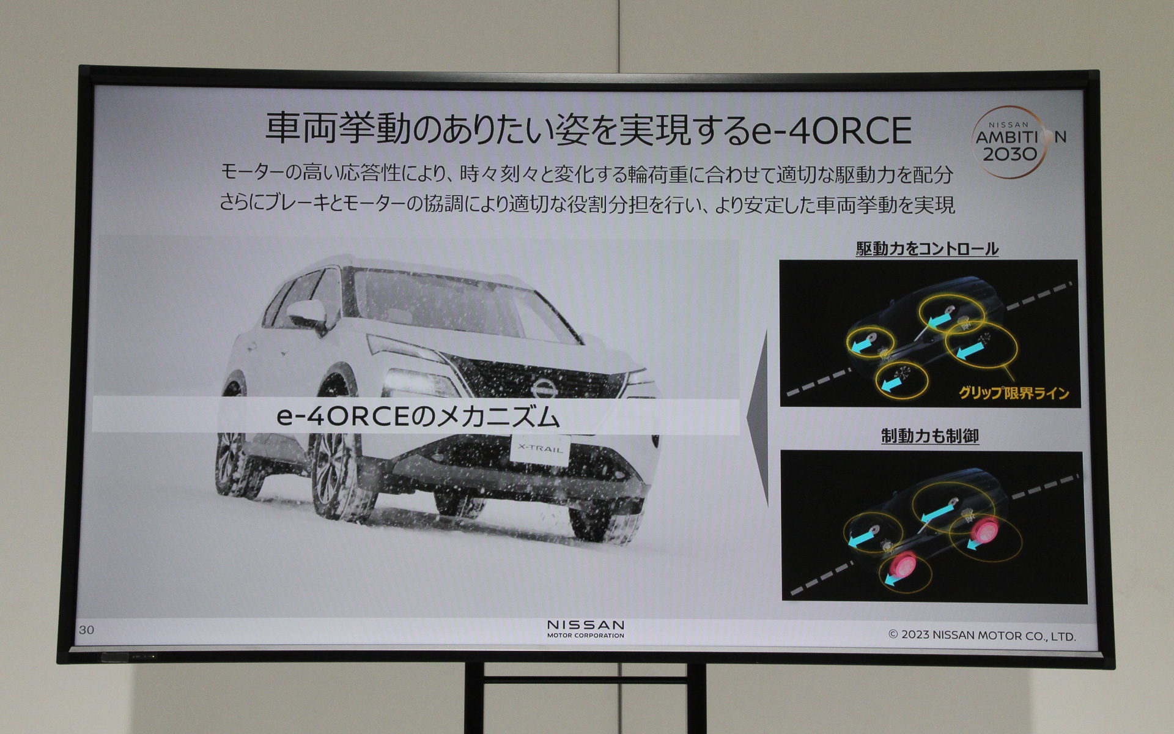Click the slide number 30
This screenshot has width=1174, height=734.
(86, 630)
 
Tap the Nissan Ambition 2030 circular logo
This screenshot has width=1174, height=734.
(1013, 143)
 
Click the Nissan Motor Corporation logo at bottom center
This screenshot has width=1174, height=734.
(585, 629)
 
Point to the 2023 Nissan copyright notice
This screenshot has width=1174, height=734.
(981, 636)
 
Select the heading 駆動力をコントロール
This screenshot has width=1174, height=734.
(927, 249)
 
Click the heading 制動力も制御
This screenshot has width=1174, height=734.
(929, 436)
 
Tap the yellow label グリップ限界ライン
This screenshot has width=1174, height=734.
(1013, 393)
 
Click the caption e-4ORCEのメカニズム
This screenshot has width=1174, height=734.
(418, 417)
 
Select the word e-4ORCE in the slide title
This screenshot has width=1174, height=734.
(832, 130)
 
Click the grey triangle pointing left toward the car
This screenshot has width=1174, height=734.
(758, 416)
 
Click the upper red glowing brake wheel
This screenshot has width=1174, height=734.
(983, 530)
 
